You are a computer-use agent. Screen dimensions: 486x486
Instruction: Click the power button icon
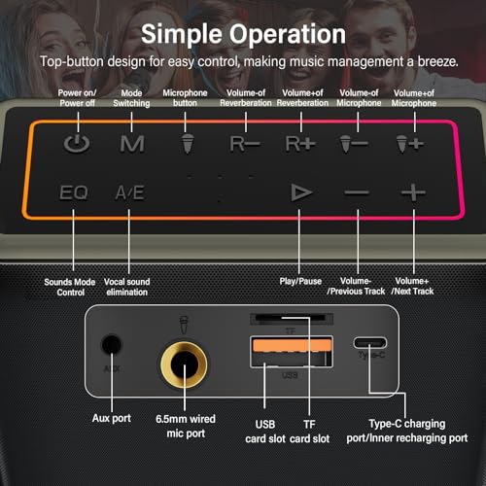[77, 144]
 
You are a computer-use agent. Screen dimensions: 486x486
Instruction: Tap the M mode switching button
[132, 144]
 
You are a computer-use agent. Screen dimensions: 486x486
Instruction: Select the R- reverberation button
[245, 144]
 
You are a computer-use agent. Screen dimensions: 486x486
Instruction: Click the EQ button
[74, 192]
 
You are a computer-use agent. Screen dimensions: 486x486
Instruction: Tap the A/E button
[129, 192]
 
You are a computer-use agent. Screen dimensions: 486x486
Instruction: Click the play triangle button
[301, 192]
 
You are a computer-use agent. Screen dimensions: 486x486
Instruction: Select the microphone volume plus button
[410, 144]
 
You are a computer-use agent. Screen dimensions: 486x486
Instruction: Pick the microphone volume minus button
[354, 144]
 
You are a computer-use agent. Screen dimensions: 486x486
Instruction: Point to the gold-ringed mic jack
[185, 364]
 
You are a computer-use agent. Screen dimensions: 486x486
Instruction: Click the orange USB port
[292, 352]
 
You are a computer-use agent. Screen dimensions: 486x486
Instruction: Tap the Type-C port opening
[370, 342]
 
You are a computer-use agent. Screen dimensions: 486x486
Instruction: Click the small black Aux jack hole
[112, 344]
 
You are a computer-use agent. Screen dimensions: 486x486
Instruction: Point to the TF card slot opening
[291, 318]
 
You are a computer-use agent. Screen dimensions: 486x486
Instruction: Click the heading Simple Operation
[243, 34]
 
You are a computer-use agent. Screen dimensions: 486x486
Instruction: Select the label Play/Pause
[300, 281]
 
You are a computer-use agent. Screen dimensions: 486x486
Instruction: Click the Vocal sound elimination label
[127, 287]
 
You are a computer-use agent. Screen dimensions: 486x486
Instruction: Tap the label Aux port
[112, 418]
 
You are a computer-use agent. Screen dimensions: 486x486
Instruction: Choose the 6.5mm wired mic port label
[186, 426]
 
